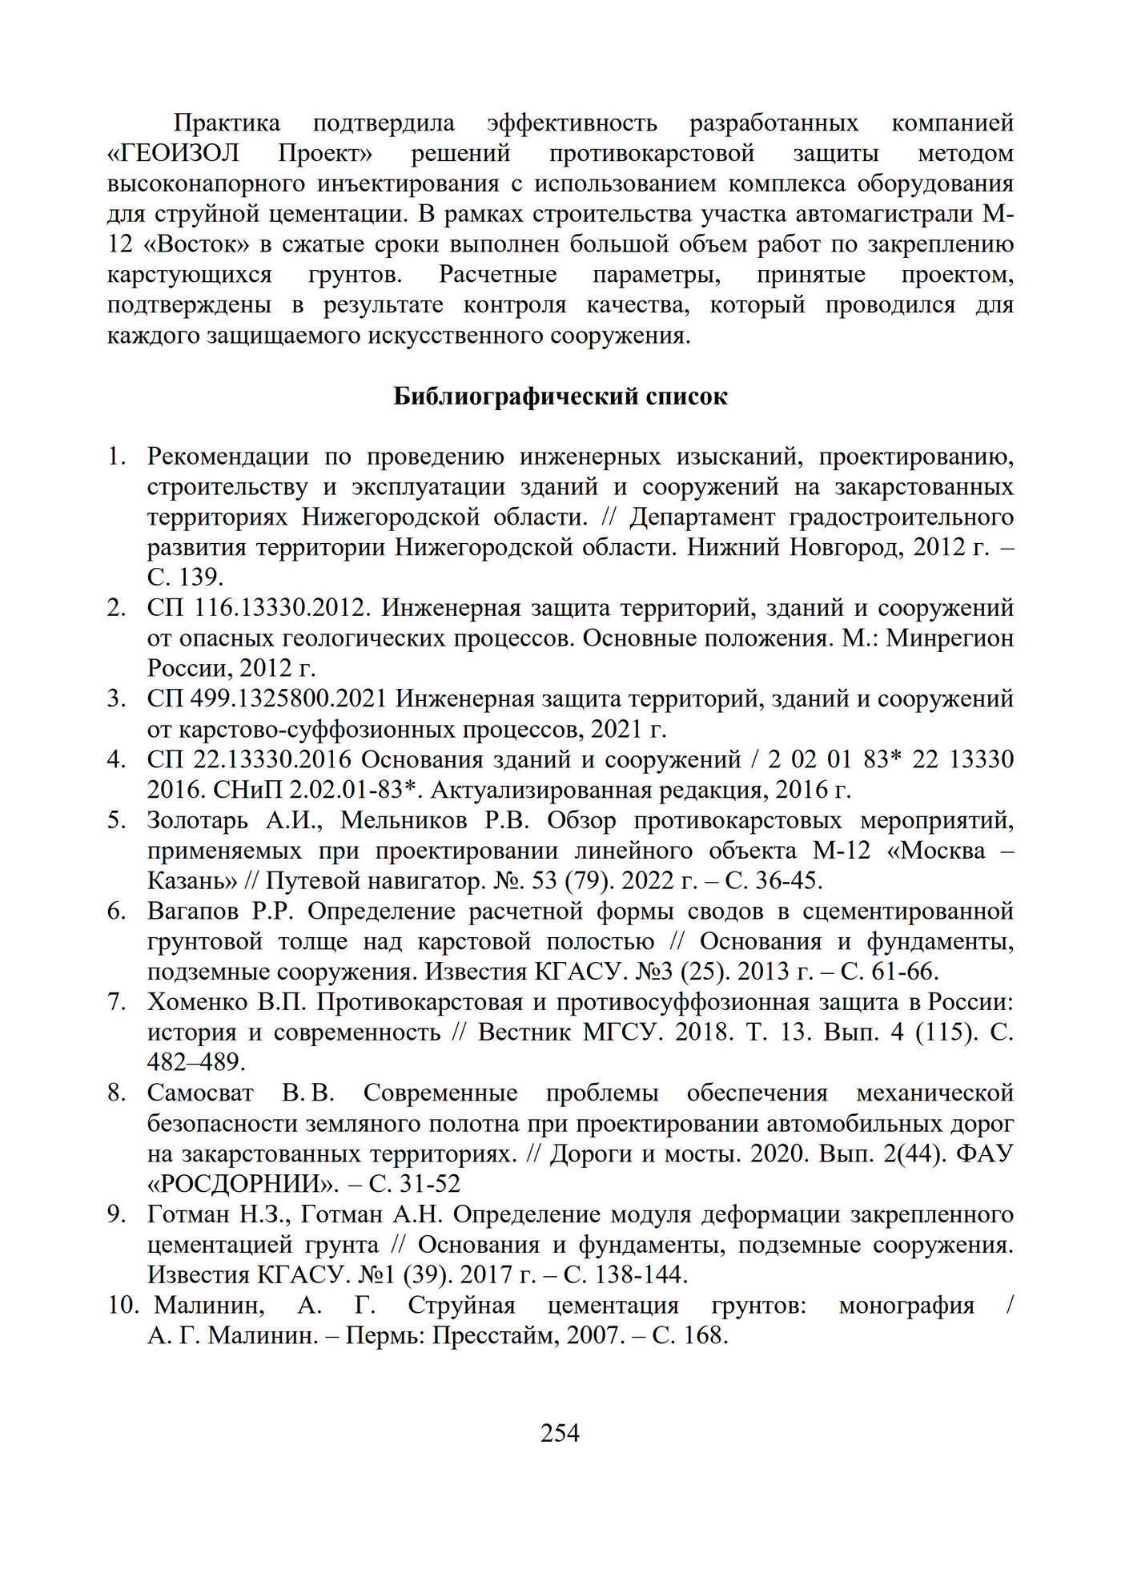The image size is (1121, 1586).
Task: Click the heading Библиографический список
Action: pos(560,396)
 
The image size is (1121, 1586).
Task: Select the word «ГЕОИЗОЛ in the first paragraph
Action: pos(173,153)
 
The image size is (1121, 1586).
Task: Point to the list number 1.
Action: pos(117,457)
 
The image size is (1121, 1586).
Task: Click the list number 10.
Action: pos(123,1306)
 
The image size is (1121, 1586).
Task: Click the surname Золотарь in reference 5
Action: pos(198,820)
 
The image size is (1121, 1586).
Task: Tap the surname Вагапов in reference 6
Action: pos(193,912)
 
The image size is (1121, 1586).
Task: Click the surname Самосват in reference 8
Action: pos(200,1093)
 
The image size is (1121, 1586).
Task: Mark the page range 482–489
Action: pos(196,1063)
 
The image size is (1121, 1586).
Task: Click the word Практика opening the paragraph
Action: pos(227,123)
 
